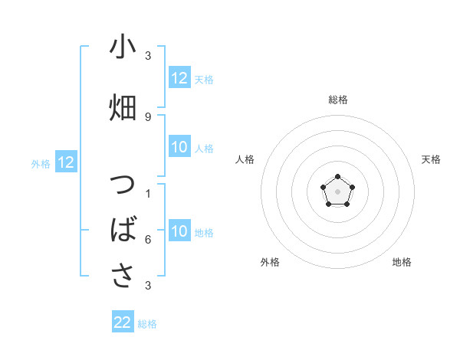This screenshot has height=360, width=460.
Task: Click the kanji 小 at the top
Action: coord(123,48)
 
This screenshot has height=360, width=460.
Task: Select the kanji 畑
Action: coord(123,106)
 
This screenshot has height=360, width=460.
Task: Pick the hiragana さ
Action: coord(123,273)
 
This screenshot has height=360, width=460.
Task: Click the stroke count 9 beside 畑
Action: coord(148,116)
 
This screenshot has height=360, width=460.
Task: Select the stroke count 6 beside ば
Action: coord(148,239)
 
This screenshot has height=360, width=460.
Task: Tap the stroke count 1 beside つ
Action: coord(148,194)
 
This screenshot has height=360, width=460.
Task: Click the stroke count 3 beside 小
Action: coord(148,57)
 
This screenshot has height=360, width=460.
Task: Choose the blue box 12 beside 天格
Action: coord(179,78)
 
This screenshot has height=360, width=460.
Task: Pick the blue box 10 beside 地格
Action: coord(179,232)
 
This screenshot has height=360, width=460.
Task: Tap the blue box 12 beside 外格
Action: coord(66,162)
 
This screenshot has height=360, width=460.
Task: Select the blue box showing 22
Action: coord(123,322)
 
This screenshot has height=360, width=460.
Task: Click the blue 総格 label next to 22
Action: coord(147,324)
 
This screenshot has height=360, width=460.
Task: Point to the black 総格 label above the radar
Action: coord(337,100)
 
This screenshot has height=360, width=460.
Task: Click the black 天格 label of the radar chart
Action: coord(431,159)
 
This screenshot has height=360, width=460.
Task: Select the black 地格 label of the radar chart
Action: coord(402,262)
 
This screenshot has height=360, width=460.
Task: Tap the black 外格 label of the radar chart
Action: coord(270,262)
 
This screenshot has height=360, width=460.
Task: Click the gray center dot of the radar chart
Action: coord(337,190)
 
